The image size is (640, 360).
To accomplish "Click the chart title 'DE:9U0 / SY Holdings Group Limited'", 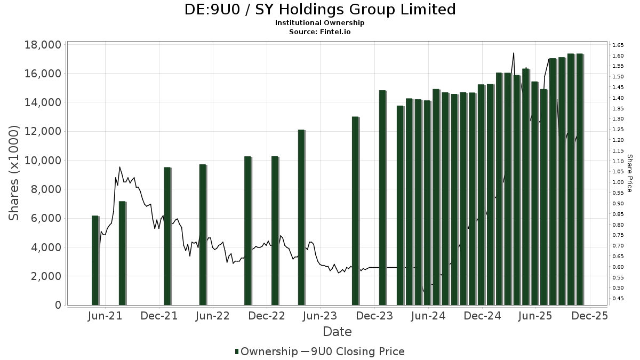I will click(x=320, y=10).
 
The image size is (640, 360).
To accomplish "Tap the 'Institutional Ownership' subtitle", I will click(x=320, y=23).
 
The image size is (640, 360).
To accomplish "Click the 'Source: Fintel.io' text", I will click(x=320, y=31).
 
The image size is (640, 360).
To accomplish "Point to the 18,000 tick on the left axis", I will click(x=43, y=45).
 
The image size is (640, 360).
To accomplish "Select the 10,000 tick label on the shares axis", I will click(x=43, y=161).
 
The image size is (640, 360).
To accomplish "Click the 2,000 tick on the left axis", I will click(x=46, y=276).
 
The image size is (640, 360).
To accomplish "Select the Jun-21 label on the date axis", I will click(x=106, y=316).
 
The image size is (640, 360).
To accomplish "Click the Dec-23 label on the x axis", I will click(x=375, y=316).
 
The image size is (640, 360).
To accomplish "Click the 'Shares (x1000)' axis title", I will click(x=14, y=173).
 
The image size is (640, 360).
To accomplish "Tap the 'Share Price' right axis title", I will click(x=630, y=173).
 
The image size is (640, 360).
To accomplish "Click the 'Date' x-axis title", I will click(x=337, y=332).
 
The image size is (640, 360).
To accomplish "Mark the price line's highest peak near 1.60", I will click(x=513, y=53).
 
